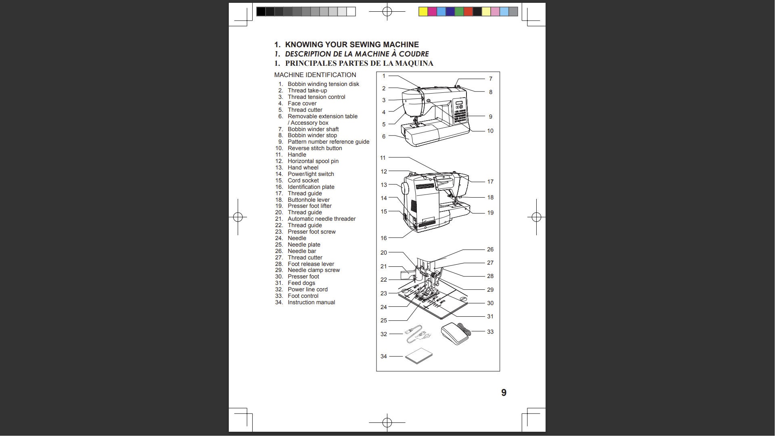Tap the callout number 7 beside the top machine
[492, 79]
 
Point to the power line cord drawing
[419, 336]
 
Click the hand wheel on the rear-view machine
[406, 190]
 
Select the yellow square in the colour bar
[425, 12]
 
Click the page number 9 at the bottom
[506, 394]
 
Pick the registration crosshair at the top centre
[389, 12]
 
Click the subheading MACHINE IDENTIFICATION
[316, 75]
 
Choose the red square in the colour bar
[470, 12]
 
